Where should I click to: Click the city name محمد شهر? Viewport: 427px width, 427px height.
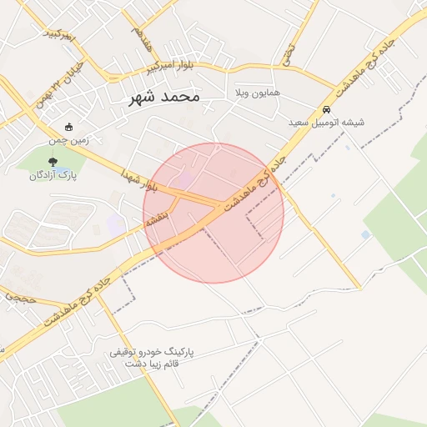pos(165,97)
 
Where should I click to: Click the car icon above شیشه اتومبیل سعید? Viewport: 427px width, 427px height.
pos(326,109)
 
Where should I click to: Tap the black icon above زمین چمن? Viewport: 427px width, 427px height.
pos(68,128)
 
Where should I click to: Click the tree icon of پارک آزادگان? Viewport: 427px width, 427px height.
pos(54,162)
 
